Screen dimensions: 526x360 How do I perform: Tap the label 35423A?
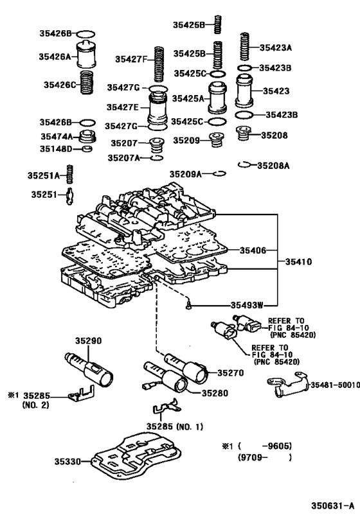(x=275, y=47)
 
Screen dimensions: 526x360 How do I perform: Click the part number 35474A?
(x=55, y=136)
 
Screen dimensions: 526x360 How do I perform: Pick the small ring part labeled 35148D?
(x=89, y=150)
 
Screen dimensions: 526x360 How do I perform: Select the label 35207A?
(x=123, y=157)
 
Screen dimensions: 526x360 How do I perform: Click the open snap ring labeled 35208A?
(x=244, y=164)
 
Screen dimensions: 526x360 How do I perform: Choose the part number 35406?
(x=252, y=250)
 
